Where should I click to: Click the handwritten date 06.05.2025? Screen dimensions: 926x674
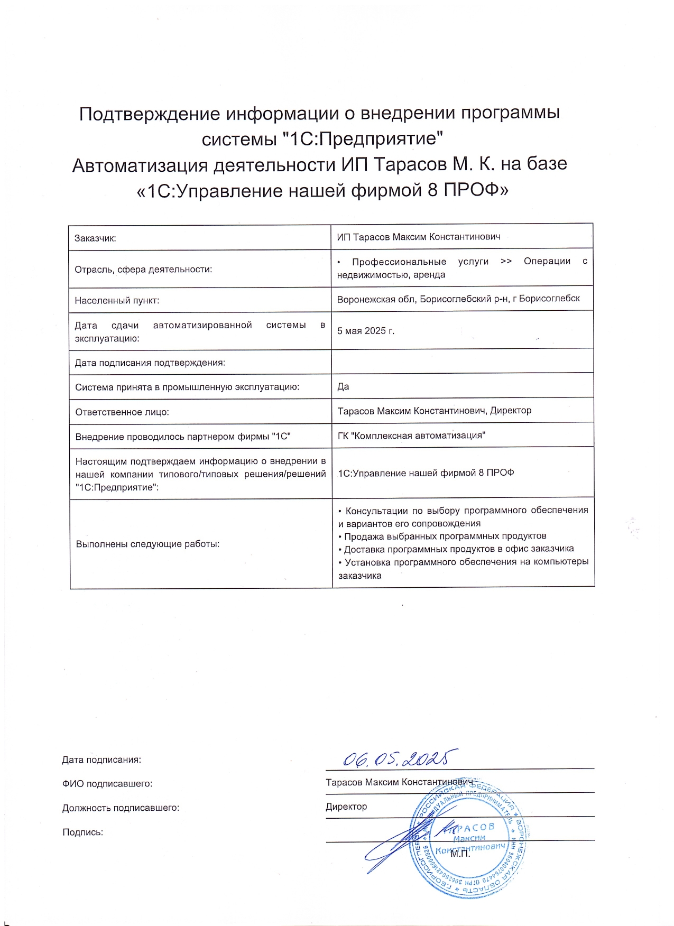[x=400, y=758]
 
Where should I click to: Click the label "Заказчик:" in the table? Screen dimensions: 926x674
[x=95, y=238]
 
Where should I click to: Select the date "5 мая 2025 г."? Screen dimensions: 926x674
[x=366, y=331]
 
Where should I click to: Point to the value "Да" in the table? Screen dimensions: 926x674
[x=343, y=386]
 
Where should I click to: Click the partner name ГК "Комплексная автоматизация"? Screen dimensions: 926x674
[x=411, y=436]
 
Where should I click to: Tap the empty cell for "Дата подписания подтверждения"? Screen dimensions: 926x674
[x=462, y=362]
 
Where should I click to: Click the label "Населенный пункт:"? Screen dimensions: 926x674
[x=117, y=301]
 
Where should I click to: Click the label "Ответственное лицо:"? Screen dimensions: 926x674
[x=122, y=412]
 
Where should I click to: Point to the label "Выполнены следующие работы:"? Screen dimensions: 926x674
[x=147, y=544]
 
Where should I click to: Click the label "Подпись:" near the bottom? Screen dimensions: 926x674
[x=83, y=832]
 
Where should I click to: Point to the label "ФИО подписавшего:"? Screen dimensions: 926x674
[x=107, y=784]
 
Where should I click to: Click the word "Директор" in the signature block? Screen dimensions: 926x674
[x=346, y=807]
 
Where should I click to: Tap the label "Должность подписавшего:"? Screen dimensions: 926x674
[x=121, y=808]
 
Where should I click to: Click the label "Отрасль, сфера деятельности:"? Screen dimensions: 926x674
[x=143, y=270]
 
